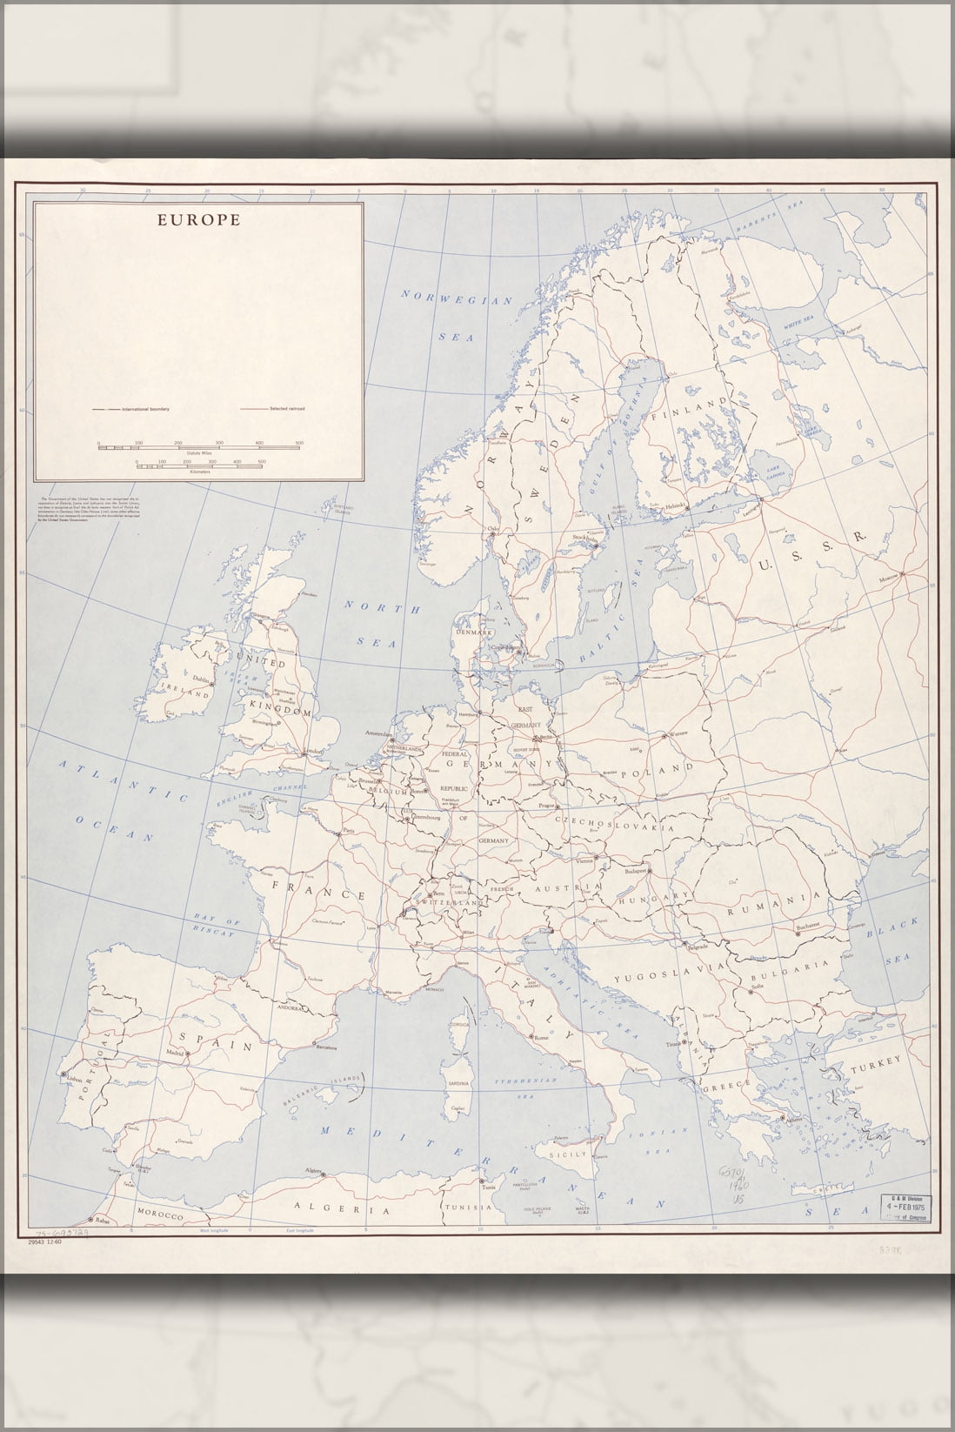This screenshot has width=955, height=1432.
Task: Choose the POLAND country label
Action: click(664, 768)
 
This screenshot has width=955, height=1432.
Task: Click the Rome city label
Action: click(543, 1038)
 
